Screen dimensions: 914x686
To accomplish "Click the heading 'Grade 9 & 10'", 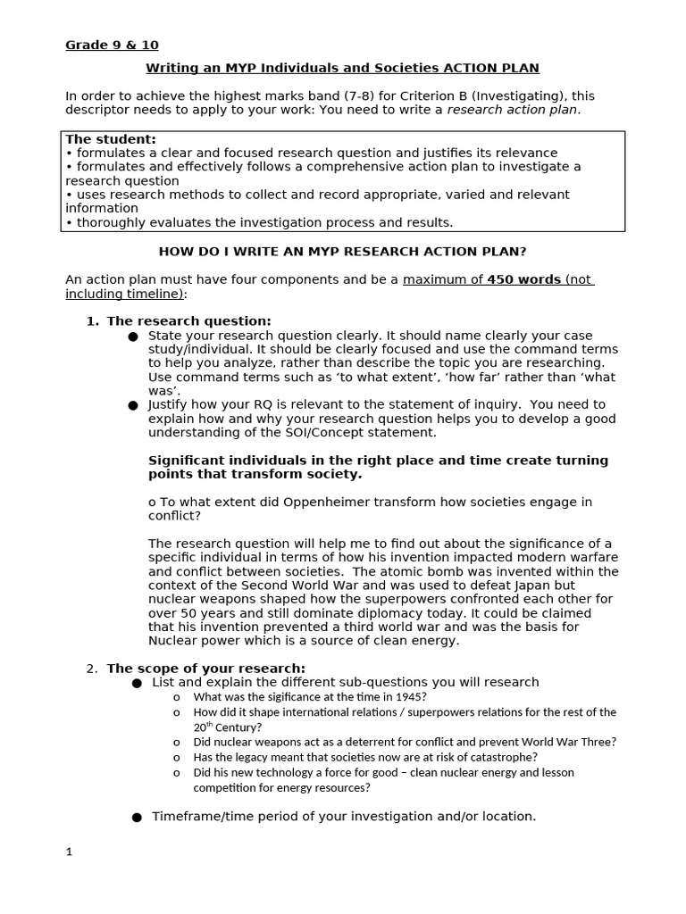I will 112,46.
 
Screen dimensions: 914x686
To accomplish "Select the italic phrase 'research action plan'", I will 512,110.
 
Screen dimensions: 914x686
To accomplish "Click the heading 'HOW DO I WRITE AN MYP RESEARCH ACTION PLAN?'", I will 348,252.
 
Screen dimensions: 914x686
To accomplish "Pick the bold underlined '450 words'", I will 523,280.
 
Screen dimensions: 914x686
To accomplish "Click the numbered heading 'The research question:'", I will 188,321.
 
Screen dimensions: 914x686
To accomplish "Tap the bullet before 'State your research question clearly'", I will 133,337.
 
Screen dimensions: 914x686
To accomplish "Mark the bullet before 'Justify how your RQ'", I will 133,405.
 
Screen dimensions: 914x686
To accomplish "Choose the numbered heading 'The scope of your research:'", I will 205,669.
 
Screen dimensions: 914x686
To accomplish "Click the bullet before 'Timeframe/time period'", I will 137,817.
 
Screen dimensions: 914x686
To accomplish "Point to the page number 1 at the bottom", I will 69,852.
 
